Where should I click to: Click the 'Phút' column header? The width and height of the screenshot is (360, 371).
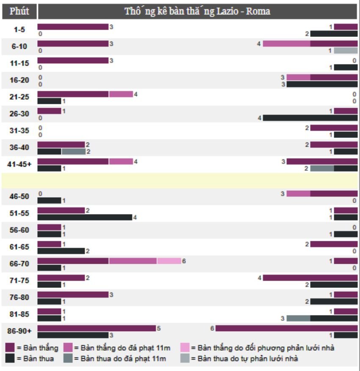19,11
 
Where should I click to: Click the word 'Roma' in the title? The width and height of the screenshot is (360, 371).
260,11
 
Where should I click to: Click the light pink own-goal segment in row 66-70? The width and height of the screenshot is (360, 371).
169,261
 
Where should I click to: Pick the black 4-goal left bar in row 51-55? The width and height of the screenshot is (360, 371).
85,217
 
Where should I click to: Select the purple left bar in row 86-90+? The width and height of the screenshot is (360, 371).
97,328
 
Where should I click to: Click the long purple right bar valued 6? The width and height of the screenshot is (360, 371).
287,328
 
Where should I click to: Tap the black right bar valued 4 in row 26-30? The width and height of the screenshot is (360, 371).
310,117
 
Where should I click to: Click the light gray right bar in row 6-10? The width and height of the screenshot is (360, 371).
346,51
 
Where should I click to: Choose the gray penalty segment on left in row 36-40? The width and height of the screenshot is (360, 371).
73,151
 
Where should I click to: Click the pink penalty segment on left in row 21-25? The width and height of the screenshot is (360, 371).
121,94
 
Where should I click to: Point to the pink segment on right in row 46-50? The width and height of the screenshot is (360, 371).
298,194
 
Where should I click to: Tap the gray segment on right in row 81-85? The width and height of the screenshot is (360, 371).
298,318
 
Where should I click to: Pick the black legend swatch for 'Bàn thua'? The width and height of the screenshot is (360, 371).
10,359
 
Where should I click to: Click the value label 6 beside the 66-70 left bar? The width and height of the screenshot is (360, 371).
184,261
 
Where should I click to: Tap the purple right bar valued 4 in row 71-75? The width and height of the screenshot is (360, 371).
310,278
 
